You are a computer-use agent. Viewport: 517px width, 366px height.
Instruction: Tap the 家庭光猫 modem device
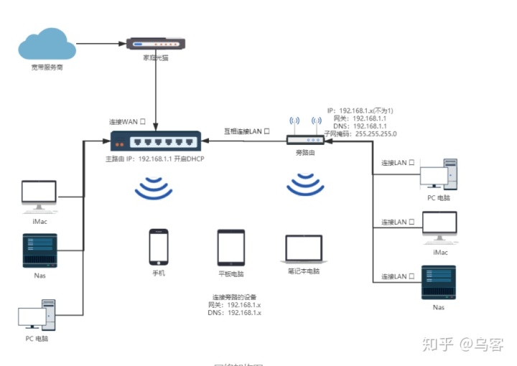click(x=156, y=44)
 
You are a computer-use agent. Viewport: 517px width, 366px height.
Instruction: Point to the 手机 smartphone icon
click(x=158, y=248)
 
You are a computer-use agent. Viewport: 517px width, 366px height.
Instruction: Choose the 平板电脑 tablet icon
click(x=230, y=248)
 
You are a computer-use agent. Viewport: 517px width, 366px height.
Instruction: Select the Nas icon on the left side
click(x=39, y=250)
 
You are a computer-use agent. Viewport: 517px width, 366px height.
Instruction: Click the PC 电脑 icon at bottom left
click(x=39, y=316)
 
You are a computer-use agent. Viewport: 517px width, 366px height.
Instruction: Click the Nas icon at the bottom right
click(x=438, y=283)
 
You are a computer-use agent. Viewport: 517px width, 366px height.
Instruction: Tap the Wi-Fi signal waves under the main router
click(x=154, y=189)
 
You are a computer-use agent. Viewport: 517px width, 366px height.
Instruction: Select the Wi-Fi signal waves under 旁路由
click(x=305, y=185)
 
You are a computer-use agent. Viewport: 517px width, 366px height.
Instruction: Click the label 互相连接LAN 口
click(x=246, y=132)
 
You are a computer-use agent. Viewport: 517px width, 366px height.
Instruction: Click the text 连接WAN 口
click(x=127, y=121)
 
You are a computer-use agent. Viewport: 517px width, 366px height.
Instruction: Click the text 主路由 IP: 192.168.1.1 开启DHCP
click(x=154, y=158)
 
